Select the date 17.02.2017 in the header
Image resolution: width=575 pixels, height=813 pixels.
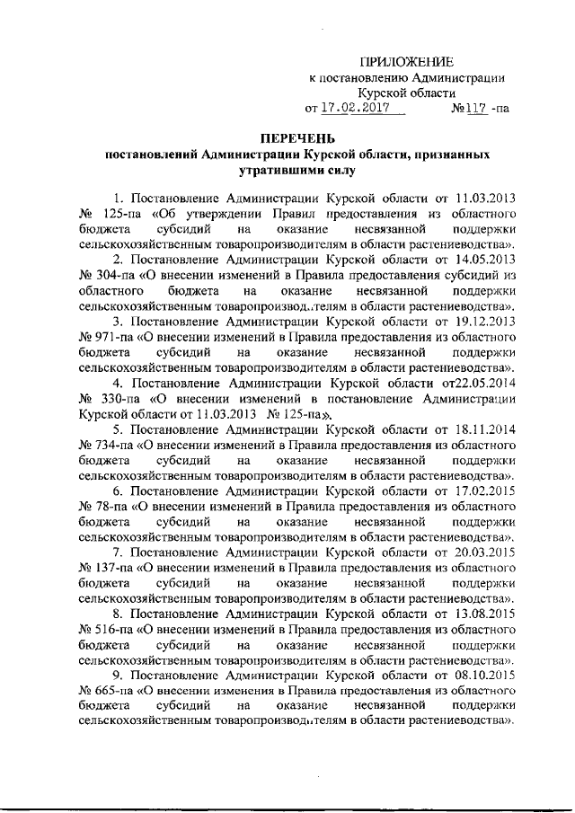coord(351,108)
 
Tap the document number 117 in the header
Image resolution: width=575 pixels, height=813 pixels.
coord(473,108)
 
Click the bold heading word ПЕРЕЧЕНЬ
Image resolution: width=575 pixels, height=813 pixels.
coord(297,138)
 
